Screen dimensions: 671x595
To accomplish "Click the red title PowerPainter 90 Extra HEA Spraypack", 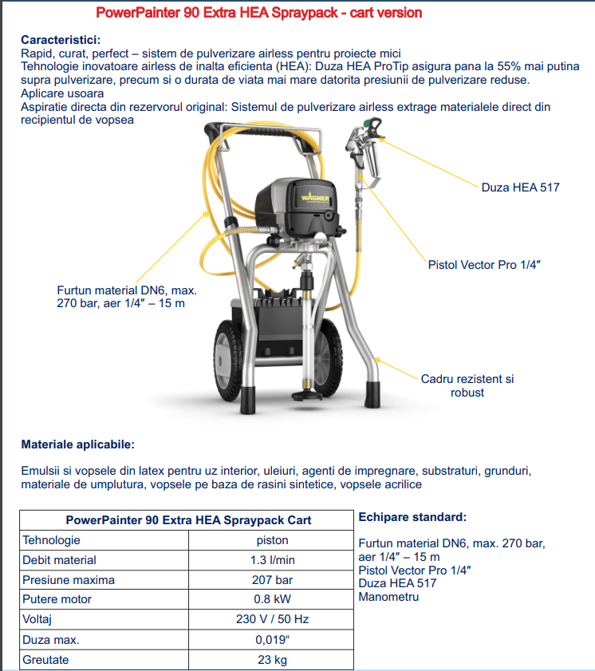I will click(258, 14).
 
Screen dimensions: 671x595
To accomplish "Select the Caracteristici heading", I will click(61, 40).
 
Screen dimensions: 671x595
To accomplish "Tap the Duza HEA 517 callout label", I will click(520, 187).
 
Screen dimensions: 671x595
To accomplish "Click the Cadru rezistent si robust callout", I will click(467, 385).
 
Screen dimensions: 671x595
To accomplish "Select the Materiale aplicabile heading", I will click(77, 444).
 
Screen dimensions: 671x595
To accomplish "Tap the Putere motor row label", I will click(57, 600).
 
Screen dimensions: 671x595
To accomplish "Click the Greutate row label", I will click(45, 660).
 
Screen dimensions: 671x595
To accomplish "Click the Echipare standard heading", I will click(412, 517).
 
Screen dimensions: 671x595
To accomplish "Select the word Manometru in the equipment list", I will click(388, 597).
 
